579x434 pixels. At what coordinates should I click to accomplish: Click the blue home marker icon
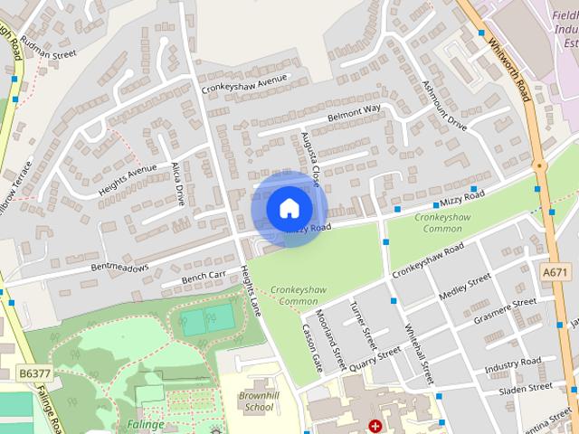click(289, 208)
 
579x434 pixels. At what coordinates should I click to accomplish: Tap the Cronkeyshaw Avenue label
click(244, 84)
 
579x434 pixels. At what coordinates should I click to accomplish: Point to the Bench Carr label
click(203, 276)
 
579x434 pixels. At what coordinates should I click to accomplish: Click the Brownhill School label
click(256, 401)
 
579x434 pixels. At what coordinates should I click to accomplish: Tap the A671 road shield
click(555, 271)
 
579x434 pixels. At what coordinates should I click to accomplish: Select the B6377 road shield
click(33, 372)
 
